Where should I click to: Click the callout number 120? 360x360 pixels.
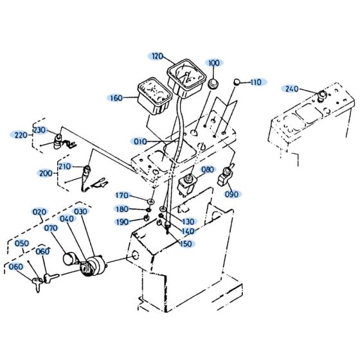[157, 56]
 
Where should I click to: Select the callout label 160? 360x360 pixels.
[116, 98]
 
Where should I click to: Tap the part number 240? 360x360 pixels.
[291, 89]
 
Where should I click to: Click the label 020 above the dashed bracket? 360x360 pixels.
[40, 212]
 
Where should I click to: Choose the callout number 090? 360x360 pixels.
[232, 194]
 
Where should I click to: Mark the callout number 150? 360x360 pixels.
[186, 243]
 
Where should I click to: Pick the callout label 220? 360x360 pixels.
[21, 135]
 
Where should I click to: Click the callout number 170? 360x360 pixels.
[122, 195]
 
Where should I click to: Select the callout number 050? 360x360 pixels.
[22, 243]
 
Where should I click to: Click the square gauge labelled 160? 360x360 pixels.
[153, 93]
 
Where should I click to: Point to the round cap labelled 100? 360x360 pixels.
[213, 86]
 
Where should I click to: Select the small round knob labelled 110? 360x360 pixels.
[237, 82]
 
